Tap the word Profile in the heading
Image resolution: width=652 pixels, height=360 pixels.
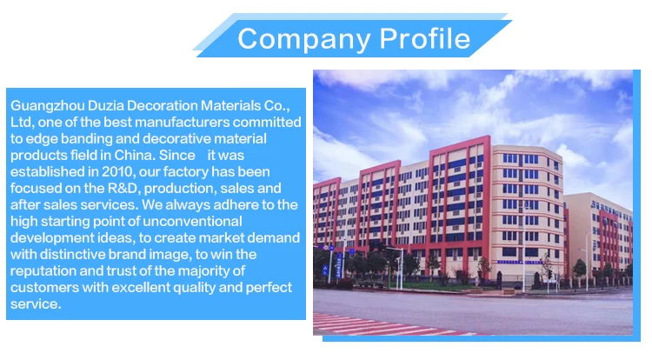(x=423, y=39)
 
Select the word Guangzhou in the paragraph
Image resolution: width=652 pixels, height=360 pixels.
(x=45, y=105)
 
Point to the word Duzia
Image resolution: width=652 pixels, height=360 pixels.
(x=104, y=105)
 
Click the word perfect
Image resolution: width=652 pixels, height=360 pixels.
(x=266, y=287)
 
